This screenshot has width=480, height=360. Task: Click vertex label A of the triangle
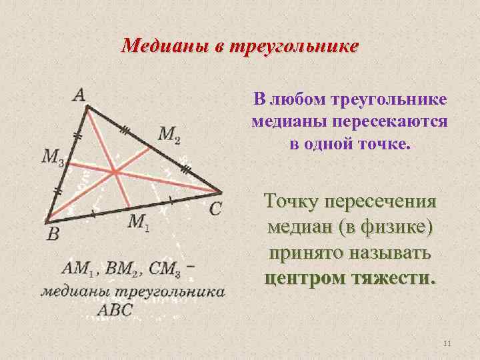click(79, 95)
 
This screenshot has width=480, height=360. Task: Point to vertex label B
click(53, 233)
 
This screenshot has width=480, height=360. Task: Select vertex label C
click(215, 209)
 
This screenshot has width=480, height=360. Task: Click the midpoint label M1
click(139, 222)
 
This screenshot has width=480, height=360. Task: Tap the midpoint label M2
click(169, 135)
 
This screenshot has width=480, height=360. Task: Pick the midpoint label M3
click(53, 157)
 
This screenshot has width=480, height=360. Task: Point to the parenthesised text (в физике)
click(386, 227)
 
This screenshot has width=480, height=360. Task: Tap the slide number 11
click(447, 343)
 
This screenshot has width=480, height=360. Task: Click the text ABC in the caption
click(115, 310)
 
